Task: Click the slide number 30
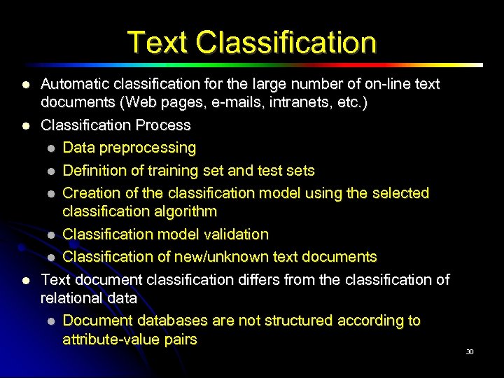tap(470, 351)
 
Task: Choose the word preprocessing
tap(148, 148)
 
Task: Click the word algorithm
tap(183, 211)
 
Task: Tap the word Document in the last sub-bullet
tap(96, 321)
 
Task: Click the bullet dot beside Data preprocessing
tap(51, 148)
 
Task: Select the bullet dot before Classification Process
tap(25, 126)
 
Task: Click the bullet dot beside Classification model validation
tap(51, 234)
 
